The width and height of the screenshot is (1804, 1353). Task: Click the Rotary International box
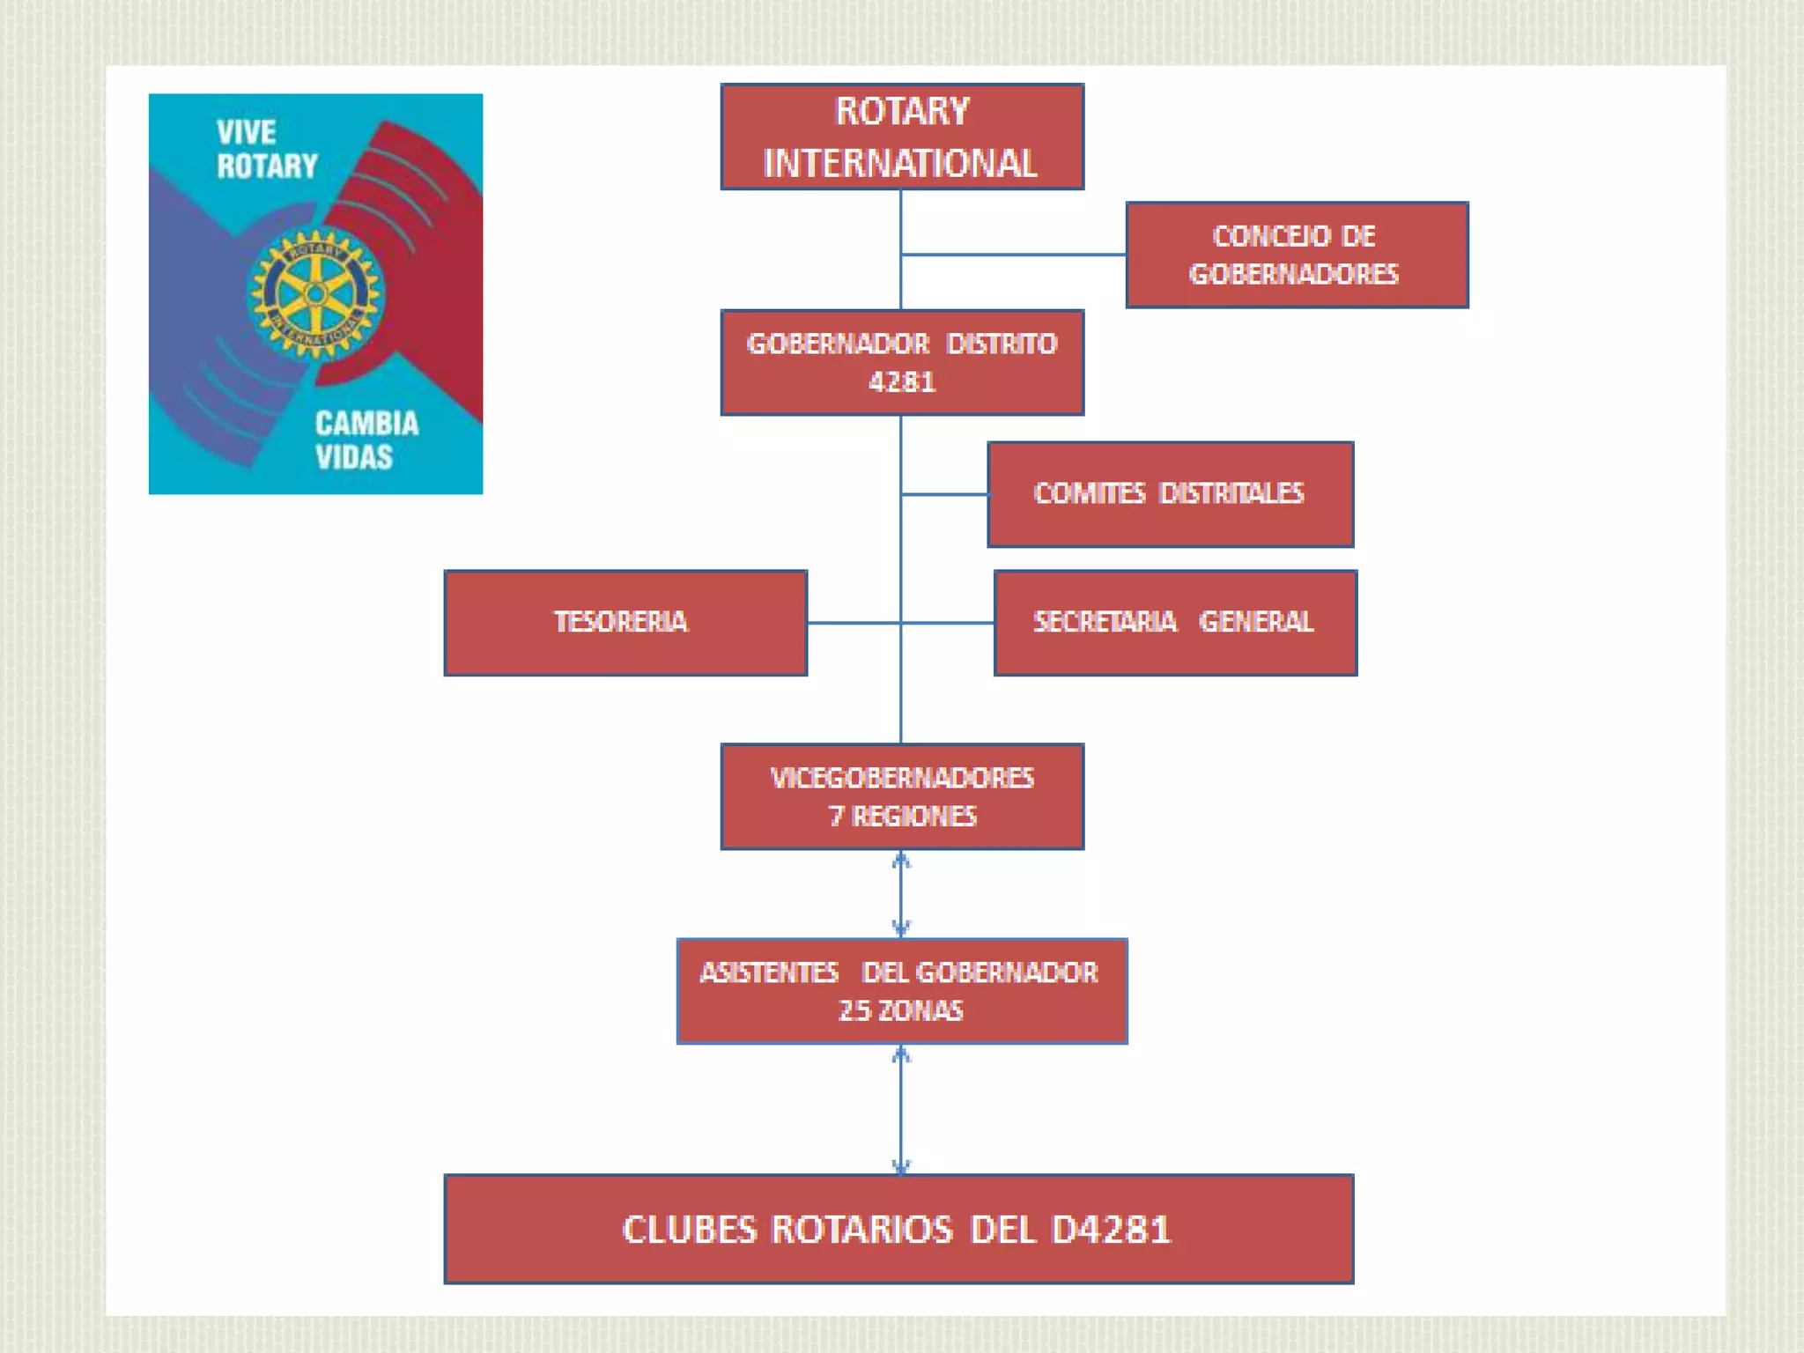coord(902,137)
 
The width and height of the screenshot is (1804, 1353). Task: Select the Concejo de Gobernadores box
coord(1297,255)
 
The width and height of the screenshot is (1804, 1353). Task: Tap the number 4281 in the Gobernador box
coord(902,382)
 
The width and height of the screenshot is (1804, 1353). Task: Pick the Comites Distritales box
coord(1170,494)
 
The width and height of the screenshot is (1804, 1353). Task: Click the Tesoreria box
coord(625,623)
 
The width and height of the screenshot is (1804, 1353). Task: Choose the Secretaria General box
coord(1175,623)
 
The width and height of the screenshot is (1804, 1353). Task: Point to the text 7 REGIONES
coord(903,817)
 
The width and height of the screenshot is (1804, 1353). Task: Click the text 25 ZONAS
coord(901,1010)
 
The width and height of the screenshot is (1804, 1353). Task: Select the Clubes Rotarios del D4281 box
coord(898,1229)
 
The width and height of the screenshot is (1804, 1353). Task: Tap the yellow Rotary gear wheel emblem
coord(315,294)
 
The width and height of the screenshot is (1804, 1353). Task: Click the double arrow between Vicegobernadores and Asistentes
coord(900,894)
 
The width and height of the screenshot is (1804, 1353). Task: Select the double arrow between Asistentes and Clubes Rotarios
coord(900,1109)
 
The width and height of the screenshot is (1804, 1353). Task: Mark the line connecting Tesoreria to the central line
coord(853,623)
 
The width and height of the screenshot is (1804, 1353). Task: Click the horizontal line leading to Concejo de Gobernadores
coord(1013,255)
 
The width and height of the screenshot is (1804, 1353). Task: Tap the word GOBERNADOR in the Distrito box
coord(838,344)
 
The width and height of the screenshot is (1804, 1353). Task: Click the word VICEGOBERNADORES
coord(902,779)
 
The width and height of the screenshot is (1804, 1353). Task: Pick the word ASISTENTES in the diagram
coord(769,972)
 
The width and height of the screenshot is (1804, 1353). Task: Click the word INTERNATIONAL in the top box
coord(900,164)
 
